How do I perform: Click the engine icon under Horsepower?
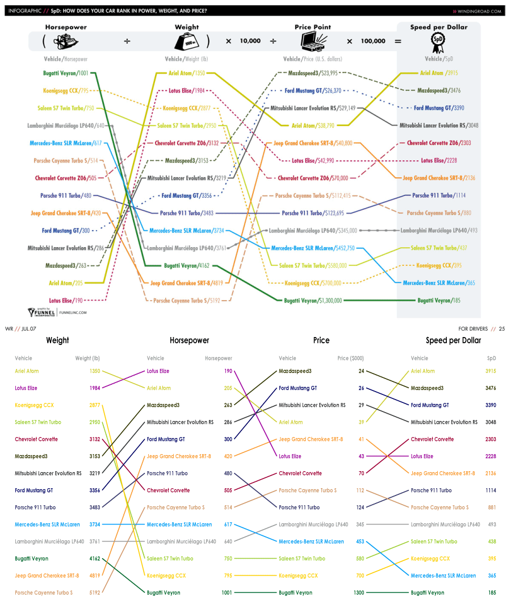pyautogui.click(x=66, y=41)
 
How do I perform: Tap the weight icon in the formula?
pyautogui.click(x=187, y=41)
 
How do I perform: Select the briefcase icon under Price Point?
pyautogui.click(x=313, y=41)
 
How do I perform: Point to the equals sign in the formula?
pyautogui.click(x=398, y=41)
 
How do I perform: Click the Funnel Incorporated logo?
pyautogui.click(x=41, y=312)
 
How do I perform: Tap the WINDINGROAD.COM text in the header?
pyautogui.click(x=479, y=11)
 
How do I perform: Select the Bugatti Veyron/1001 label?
pyautogui.click(x=66, y=73)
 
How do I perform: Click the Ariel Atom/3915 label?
pyautogui.click(x=439, y=73)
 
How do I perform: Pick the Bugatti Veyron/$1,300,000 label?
pyautogui.click(x=313, y=301)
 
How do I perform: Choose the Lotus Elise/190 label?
pyautogui.click(x=66, y=301)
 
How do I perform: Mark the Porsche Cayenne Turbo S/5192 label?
pyautogui.click(x=187, y=301)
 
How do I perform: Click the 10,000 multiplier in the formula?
pyautogui.click(x=250, y=41)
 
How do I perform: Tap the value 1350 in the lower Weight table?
pyautogui.click(x=94, y=371)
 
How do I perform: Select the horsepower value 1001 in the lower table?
pyautogui.click(x=227, y=593)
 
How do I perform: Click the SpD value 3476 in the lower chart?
pyautogui.click(x=491, y=388)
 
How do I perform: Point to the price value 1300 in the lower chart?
pyautogui.click(x=359, y=593)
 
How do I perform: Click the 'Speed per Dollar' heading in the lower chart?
pyautogui.click(x=453, y=340)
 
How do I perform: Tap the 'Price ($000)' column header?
pyautogui.click(x=350, y=358)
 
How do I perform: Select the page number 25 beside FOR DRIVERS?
pyautogui.click(x=502, y=329)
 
